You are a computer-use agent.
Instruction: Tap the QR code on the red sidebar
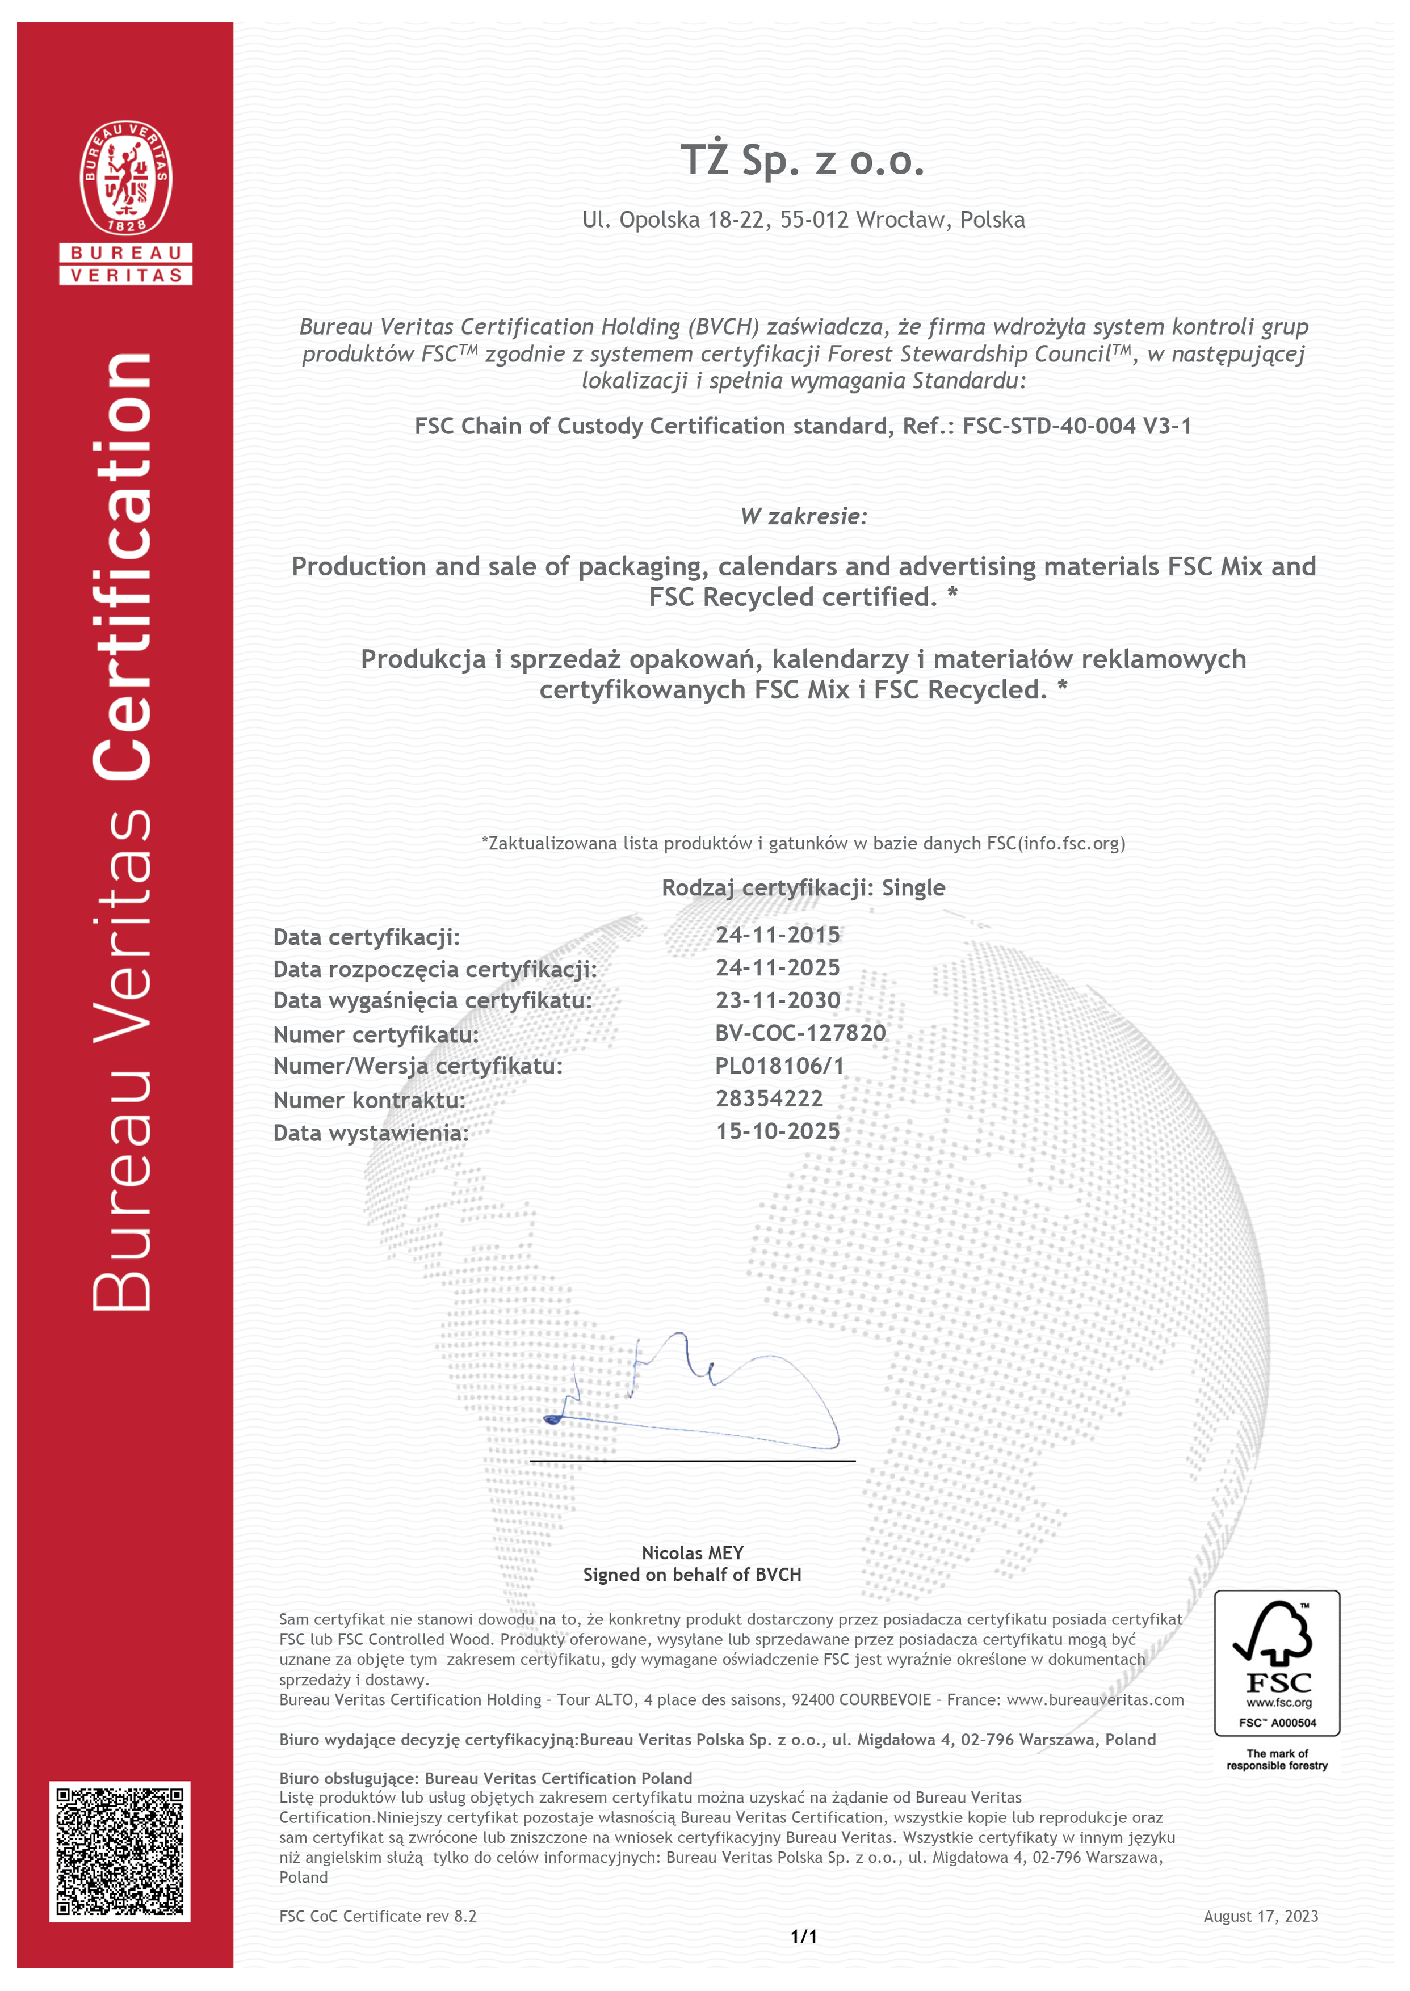tap(120, 1851)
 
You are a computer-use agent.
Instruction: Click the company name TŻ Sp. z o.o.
tap(802, 161)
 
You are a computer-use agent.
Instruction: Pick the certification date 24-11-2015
tap(777, 935)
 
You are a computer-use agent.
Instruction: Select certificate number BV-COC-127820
tap(800, 1033)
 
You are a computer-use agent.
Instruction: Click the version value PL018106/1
tap(779, 1066)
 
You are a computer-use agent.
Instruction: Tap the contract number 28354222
tap(769, 1099)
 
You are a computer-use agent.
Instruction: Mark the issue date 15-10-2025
tap(777, 1131)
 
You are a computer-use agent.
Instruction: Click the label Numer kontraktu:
tap(369, 1101)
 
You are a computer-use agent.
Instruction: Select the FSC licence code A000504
tap(1293, 1723)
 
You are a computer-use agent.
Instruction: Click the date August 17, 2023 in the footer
tap(1260, 1916)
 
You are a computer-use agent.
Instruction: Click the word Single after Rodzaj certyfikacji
tap(913, 888)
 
